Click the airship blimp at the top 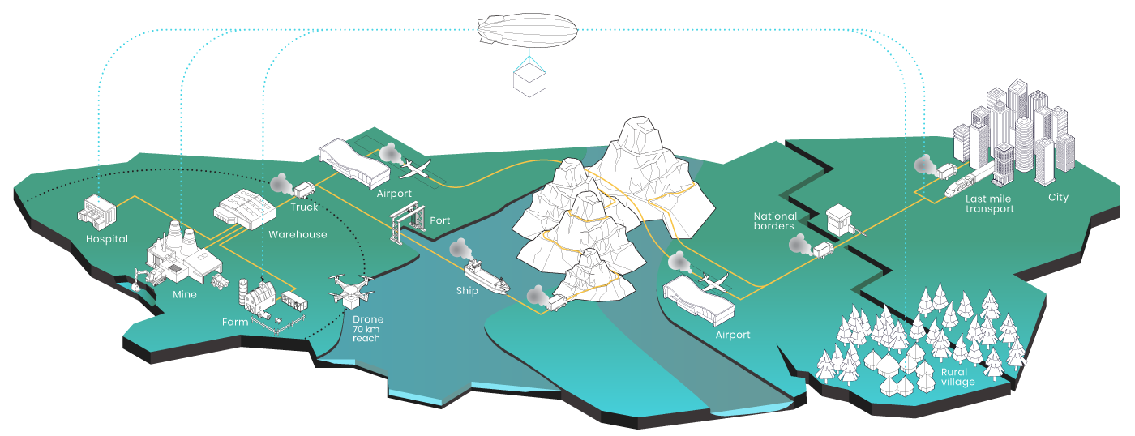(x=527, y=29)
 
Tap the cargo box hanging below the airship (x=531, y=79)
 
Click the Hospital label (x=107, y=239)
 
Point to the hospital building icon (x=97, y=212)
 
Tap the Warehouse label (x=298, y=234)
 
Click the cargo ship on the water (x=486, y=276)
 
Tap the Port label (x=440, y=220)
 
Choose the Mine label (x=185, y=294)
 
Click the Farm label (x=235, y=323)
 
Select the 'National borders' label (x=774, y=221)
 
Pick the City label (x=1058, y=198)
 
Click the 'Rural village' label (x=957, y=377)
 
